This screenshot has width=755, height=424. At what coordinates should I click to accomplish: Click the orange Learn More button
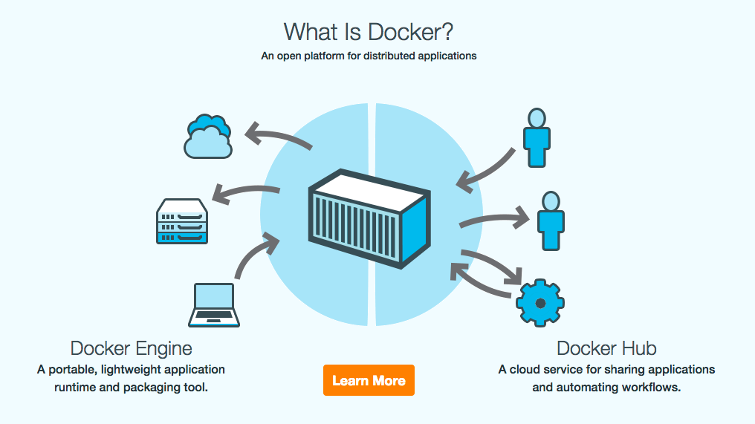tap(369, 380)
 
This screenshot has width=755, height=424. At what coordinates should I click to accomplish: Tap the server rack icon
tap(182, 221)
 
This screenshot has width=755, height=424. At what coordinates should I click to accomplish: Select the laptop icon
tap(214, 304)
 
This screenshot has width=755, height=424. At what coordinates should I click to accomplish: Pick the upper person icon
tap(536, 137)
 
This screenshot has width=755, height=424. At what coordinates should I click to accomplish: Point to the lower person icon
tap(550, 221)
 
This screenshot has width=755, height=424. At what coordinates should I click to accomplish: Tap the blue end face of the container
tap(416, 229)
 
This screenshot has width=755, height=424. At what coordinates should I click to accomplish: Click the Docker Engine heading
tap(131, 348)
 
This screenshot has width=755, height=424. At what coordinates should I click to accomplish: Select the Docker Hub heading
tap(606, 348)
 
